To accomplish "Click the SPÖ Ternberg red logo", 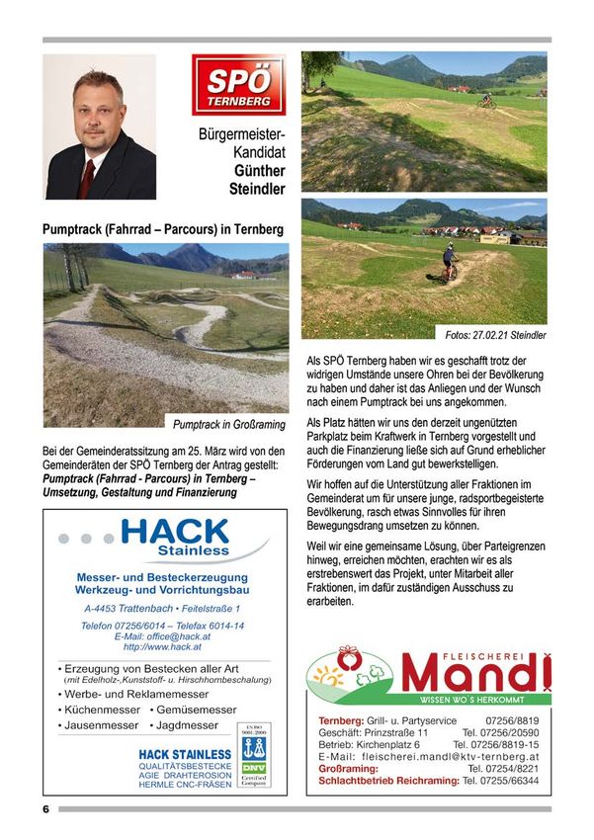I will click(238, 86).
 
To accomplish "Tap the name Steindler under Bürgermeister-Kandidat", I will click(257, 189).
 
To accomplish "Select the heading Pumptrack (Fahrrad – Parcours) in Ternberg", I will click(163, 229).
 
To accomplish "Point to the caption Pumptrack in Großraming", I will click(230, 425).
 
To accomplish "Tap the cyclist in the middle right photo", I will click(451, 264).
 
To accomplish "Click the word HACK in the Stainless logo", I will click(188, 533).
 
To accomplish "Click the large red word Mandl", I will click(473, 674).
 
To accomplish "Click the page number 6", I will click(46, 809).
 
